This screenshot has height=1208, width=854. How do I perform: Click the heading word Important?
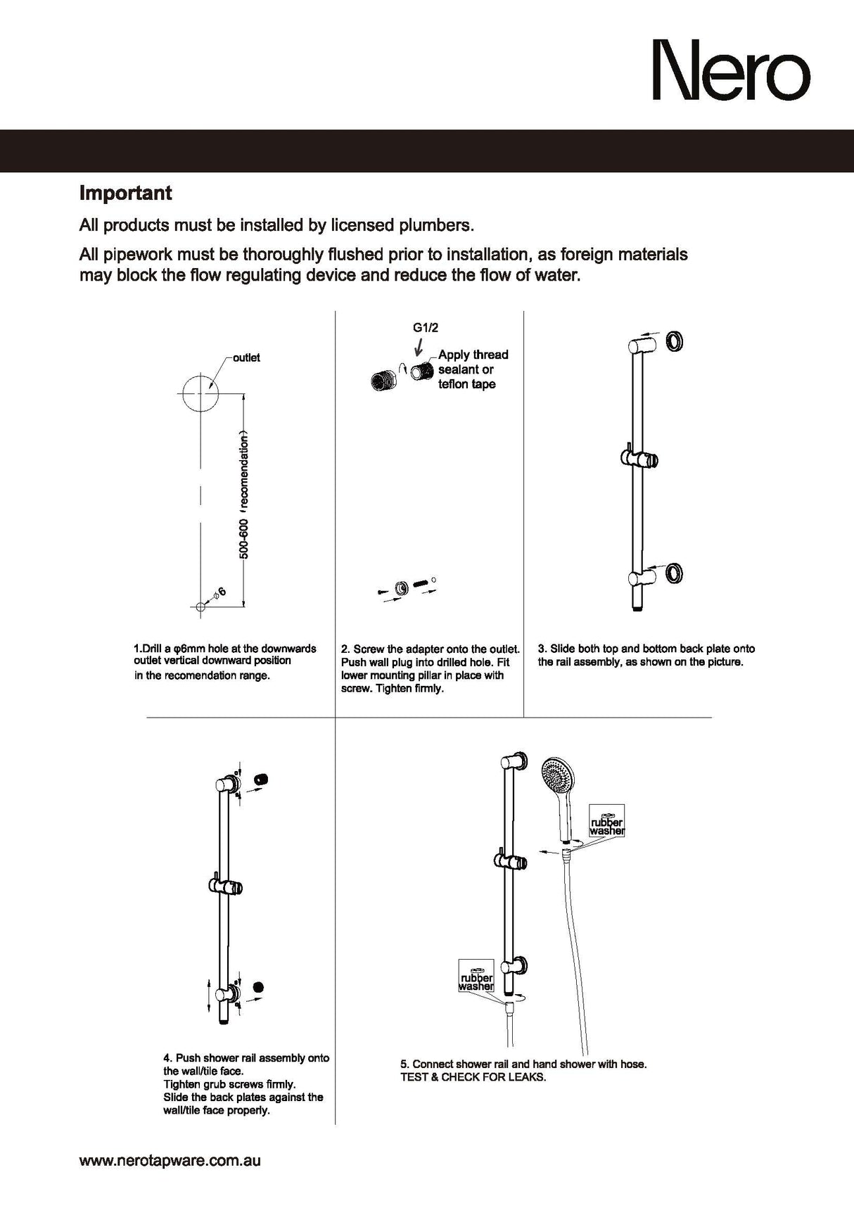click(125, 193)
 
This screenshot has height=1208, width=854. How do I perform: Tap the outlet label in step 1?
click(246, 357)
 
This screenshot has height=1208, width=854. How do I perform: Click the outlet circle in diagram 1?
click(200, 393)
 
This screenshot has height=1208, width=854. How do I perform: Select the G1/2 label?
click(426, 327)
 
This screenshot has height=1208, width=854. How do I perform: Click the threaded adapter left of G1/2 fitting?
click(383, 381)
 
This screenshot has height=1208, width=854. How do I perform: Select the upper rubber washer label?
click(606, 826)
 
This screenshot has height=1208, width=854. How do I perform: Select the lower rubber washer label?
click(476, 981)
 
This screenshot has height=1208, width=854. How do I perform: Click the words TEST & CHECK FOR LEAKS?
click(473, 1077)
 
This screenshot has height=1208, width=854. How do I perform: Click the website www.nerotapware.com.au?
click(170, 1161)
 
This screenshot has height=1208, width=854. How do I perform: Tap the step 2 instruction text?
click(430, 668)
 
